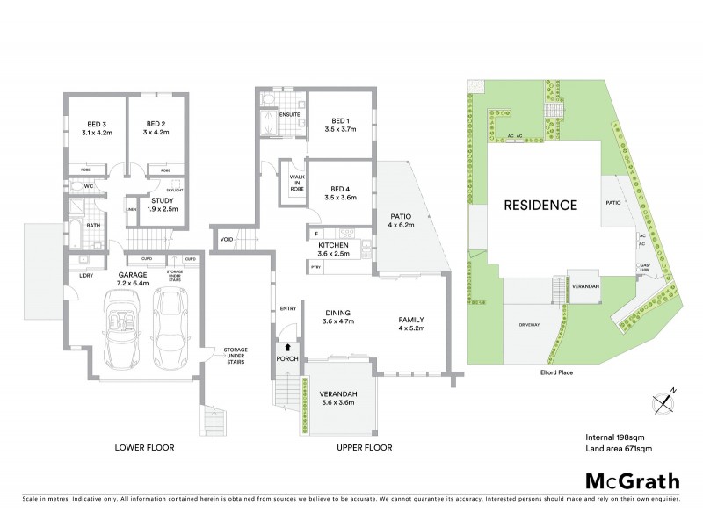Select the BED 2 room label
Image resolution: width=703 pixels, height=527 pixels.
coord(156,128)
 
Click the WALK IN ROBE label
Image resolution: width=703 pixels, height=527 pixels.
coord(290,182)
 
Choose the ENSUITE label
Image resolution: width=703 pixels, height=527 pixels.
coord(290,115)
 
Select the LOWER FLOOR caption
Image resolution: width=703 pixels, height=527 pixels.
coord(145,447)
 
